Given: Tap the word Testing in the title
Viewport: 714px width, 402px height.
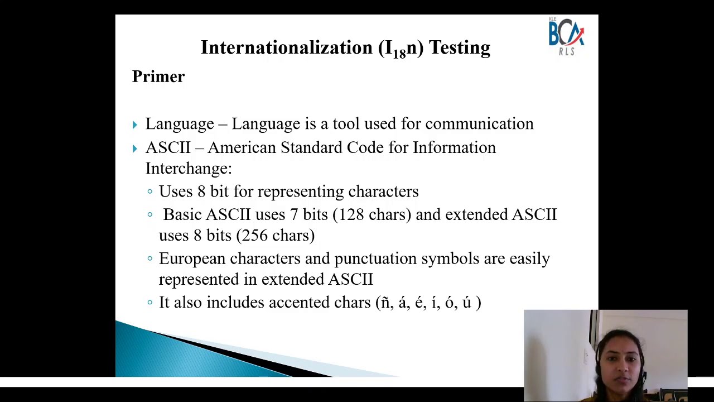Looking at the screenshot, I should point(459,48).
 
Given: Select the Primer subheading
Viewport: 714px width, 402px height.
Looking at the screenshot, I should point(158,76).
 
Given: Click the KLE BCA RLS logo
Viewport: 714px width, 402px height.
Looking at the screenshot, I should point(566,36).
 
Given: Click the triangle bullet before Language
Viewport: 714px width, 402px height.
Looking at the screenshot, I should point(135,125).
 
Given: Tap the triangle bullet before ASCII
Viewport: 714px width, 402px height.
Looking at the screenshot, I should point(135,149).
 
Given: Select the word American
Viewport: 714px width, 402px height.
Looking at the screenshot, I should point(242,148).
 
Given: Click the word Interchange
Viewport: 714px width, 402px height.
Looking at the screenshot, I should point(188,169).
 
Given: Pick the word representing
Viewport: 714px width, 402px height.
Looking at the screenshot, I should point(300,192).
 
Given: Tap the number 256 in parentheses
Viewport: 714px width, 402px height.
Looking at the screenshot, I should point(254,236).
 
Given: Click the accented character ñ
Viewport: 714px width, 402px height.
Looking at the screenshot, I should point(385,303).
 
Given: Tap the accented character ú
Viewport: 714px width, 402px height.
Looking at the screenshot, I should point(467,303).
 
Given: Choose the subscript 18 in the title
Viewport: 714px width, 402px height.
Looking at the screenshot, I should point(399,54).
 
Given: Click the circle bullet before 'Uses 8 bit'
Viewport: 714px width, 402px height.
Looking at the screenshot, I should point(150,192).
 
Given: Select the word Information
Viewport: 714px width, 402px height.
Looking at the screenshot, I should point(454,148).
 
